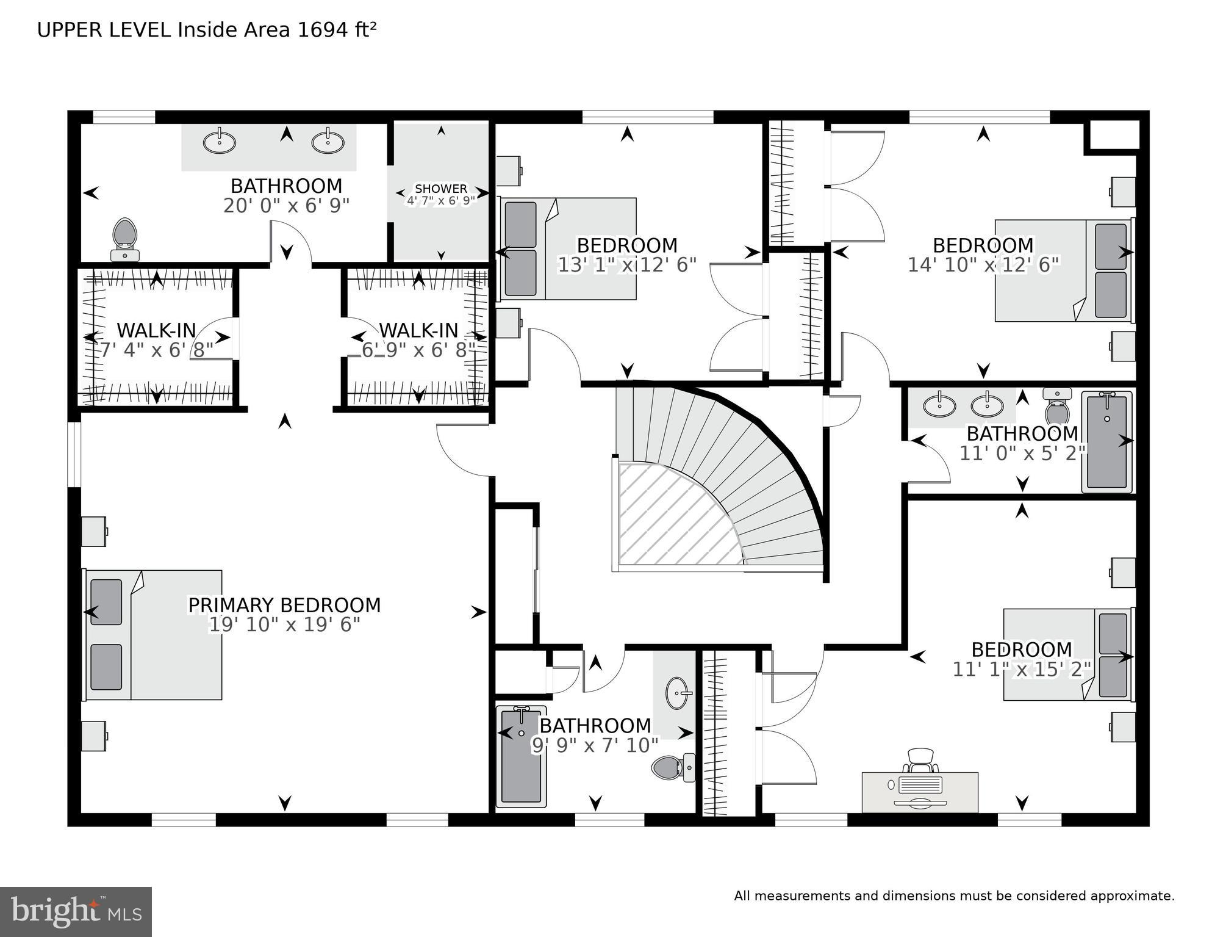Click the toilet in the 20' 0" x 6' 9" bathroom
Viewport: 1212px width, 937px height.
[125, 238]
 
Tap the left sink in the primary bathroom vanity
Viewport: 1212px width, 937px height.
[219, 142]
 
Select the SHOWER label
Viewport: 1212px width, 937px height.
[440, 189]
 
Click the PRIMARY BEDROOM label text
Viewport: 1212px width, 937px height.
[284, 605]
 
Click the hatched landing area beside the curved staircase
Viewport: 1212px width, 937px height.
[671, 519]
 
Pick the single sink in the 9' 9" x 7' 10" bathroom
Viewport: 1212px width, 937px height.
[676, 693]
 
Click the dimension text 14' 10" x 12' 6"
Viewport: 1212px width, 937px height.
[983, 265]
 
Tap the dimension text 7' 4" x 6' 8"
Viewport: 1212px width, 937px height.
[157, 350]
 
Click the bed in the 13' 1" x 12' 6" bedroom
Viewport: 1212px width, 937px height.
[568, 248]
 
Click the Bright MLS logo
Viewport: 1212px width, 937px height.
[76, 911]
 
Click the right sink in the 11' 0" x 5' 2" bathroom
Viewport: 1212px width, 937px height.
[987, 404]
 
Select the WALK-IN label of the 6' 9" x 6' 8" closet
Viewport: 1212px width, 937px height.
[418, 330]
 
